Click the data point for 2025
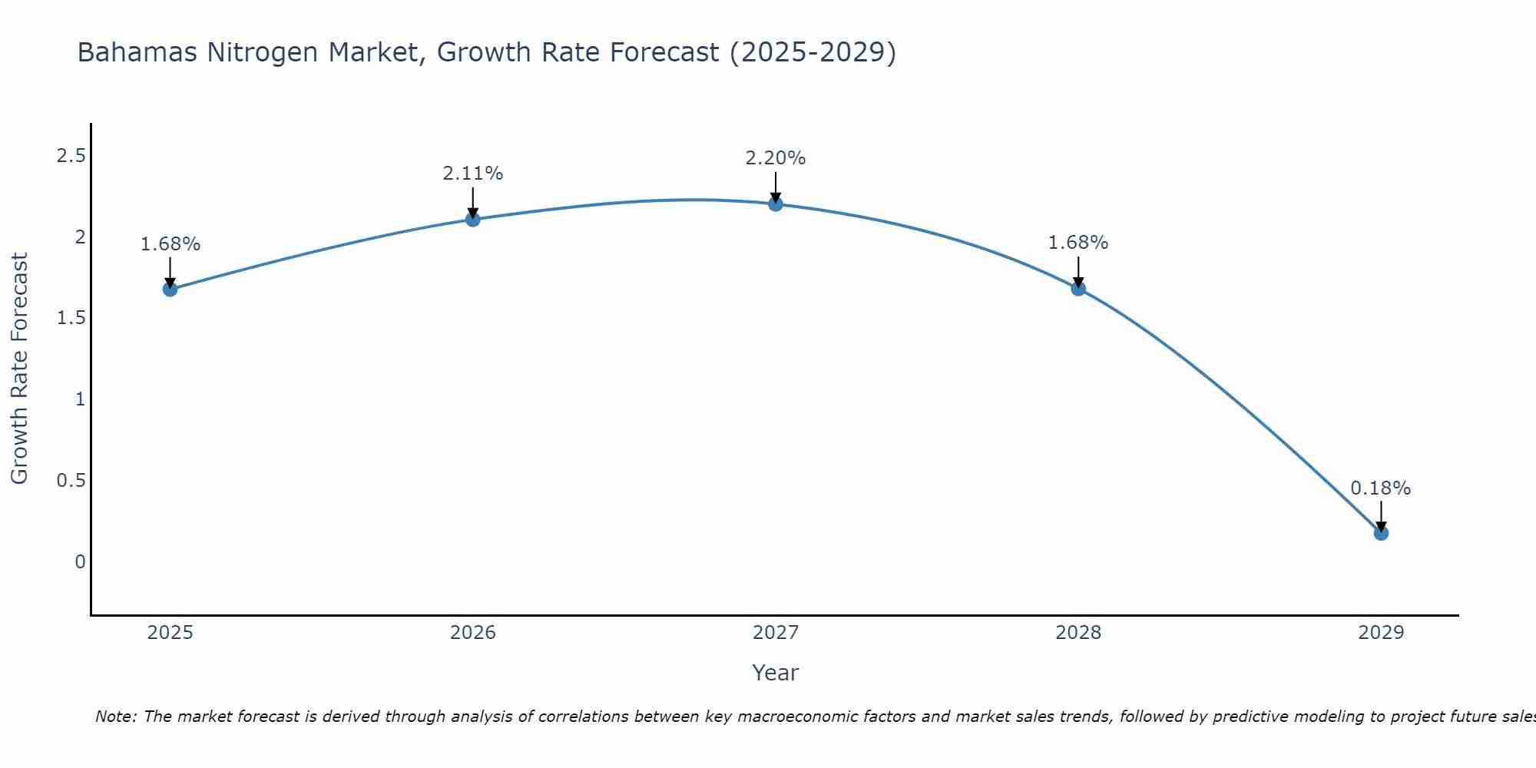(170, 290)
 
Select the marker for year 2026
(472, 220)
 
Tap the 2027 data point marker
(775, 204)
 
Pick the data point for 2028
(1078, 289)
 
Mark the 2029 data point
(1381, 533)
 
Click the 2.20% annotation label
(775, 158)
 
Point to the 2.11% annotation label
(472, 174)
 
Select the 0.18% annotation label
(1380, 488)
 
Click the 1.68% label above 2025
(170, 244)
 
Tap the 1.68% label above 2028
(1078, 243)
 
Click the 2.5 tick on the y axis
(71, 157)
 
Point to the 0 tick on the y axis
(80, 562)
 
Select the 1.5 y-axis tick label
(71, 319)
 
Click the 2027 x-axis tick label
(775, 633)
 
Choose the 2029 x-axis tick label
(1380, 633)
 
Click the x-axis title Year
(775, 673)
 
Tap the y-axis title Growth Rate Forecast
(19, 369)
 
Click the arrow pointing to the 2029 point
(1381, 516)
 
